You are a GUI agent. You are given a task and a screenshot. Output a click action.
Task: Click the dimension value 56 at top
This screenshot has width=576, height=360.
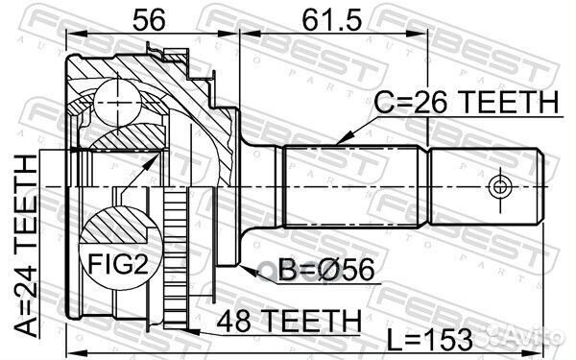pyautogui.click(x=149, y=20)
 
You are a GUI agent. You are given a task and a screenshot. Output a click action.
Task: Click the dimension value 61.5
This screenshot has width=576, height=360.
pyautogui.click(x=332, y=20)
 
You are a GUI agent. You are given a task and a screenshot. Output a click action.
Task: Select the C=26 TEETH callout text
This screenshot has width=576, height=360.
pyautogui.click(x=467, y=102)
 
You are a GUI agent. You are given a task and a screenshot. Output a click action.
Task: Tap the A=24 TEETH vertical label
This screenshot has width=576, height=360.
pyautogui.click(x=27, y=246)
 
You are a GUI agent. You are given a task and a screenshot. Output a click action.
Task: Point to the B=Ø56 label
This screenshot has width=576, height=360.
pyautogui.click(x=326, y=270)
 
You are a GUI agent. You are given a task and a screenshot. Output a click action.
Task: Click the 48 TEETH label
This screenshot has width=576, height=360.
pyautogui.click(x=289, y=321)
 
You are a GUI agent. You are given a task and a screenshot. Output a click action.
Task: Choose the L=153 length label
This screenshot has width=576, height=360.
pyautogui.click(x=430, y=340)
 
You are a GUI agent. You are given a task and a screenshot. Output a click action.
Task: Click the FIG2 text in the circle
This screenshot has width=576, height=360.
pyautogui.click(x=118, y=264)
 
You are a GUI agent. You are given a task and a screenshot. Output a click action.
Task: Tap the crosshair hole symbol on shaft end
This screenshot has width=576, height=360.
pyautogui.click(x=499, y=186)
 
